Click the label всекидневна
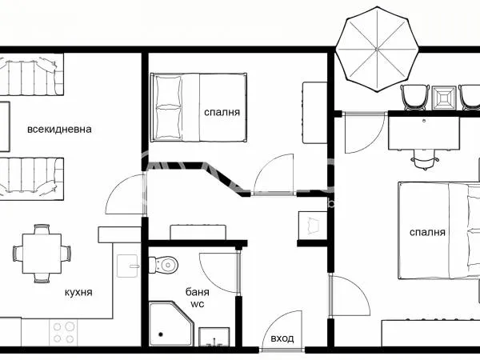point(59,129)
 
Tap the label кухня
point(78,292)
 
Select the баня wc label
point(198,298)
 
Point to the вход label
point(282,338)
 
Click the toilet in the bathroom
point(163,265)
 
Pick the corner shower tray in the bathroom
point(171,323)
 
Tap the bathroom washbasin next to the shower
point(214,337)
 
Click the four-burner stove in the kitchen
point(63,333)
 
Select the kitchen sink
point(127,266)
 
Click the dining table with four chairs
point(42,254)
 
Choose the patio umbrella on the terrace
point(377,50)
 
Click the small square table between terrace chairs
point(444,98)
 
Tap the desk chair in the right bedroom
point(425,159)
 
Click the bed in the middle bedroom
point(198,107)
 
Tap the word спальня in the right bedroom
point(427,232)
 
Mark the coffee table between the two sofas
point(5,126)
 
